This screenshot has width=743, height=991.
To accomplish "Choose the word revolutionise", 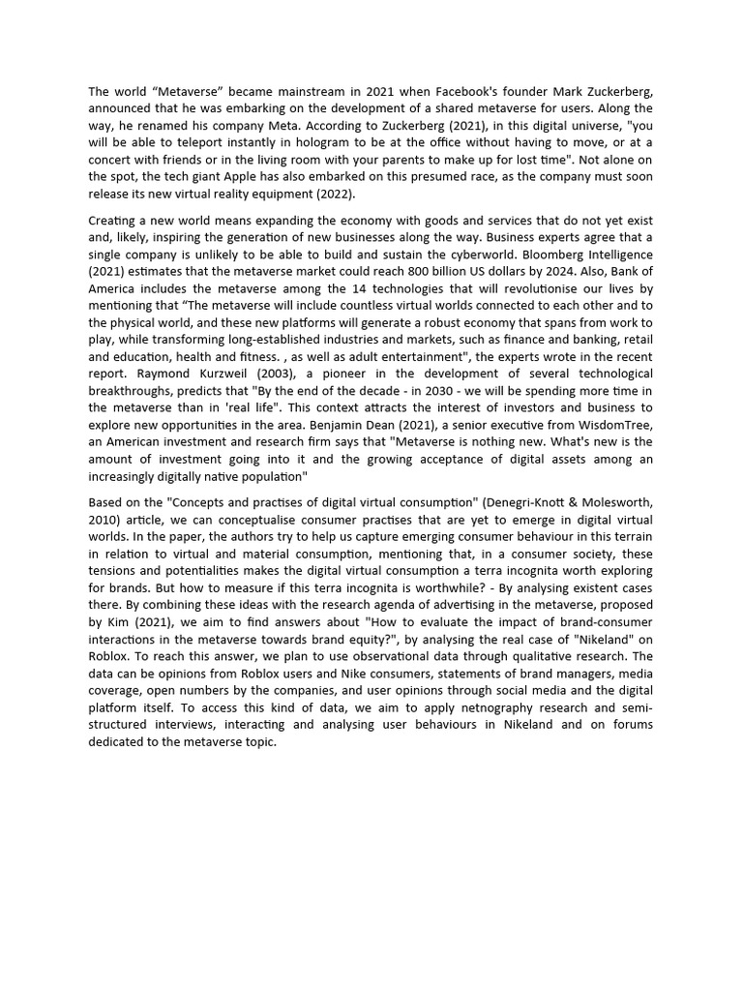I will click(x=527, y=288).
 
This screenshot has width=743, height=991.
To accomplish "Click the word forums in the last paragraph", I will click(x=632, y=726).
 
